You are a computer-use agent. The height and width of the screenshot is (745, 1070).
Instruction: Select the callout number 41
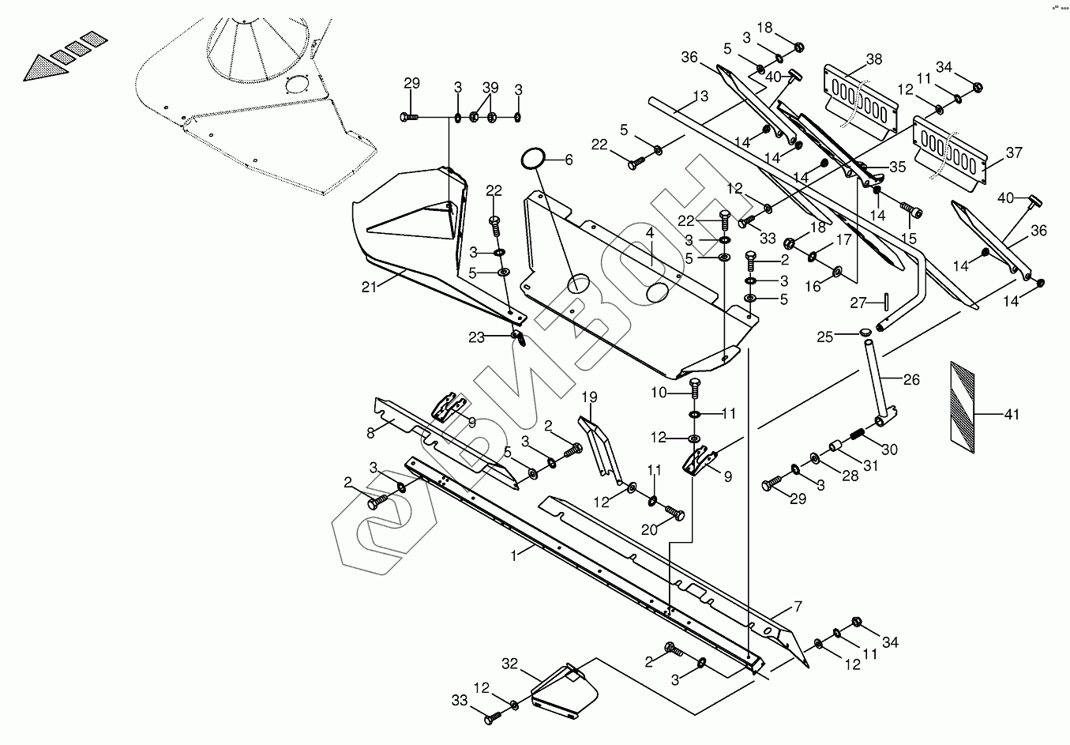click(1012, 414)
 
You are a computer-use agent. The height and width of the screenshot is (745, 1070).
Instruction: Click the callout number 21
click(370, 287)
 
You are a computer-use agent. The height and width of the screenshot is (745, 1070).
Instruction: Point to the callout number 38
click(874, 59)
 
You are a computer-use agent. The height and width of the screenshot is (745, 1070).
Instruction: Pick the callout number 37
click(1014, 152)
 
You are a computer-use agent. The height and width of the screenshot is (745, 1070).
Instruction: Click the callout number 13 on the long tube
click(700, 97)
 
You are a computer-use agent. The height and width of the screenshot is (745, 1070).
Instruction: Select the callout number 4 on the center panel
click(649, 234)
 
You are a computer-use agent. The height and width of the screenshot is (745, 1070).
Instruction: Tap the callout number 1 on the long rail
click(513, 555)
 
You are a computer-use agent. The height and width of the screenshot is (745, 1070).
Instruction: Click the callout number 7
click(798, 607)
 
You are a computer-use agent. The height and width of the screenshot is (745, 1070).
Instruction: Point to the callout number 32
click(509, 664)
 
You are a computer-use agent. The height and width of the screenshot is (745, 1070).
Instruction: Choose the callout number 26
click(911, 380)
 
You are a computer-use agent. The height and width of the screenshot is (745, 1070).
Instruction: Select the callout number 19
click(590, 397)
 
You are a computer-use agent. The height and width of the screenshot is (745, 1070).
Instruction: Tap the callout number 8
click(370, 432)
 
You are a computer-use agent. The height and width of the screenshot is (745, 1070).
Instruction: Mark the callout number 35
click(898, 167)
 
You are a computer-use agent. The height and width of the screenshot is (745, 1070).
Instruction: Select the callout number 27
click(858, 302)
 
